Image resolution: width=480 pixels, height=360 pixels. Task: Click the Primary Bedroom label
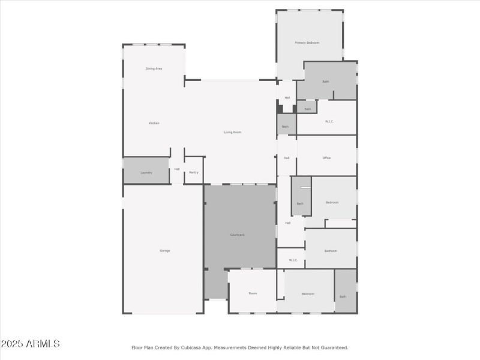pos(307,43)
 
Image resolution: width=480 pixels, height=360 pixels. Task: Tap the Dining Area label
pos(154,68)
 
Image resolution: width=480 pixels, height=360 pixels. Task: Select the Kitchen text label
pos(154,123)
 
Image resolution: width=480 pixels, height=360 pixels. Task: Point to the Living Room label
pos(233,132)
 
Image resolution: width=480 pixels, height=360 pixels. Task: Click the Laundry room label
pos(146,173)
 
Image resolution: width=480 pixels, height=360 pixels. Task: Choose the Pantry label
pos(193,173)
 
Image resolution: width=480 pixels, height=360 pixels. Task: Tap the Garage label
pos(164,250)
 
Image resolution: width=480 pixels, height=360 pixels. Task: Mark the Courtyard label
pos(238,235)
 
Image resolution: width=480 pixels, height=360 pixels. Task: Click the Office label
pos(327,158)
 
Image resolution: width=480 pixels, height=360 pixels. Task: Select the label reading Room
pos(253,293)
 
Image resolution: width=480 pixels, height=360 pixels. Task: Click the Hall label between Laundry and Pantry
pos(177,169)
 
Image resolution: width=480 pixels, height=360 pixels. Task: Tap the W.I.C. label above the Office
pos(329,122)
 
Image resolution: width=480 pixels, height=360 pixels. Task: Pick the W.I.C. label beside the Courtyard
pos(293,260)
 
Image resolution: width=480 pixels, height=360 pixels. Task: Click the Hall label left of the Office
pos(287,158)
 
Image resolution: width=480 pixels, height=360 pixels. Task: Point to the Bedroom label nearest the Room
pos(308,293)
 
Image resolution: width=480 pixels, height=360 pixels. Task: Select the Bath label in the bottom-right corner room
pos(343,296)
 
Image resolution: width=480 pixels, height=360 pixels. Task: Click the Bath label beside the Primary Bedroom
pos(326,82)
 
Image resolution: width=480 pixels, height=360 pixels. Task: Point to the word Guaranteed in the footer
pos(334,347)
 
